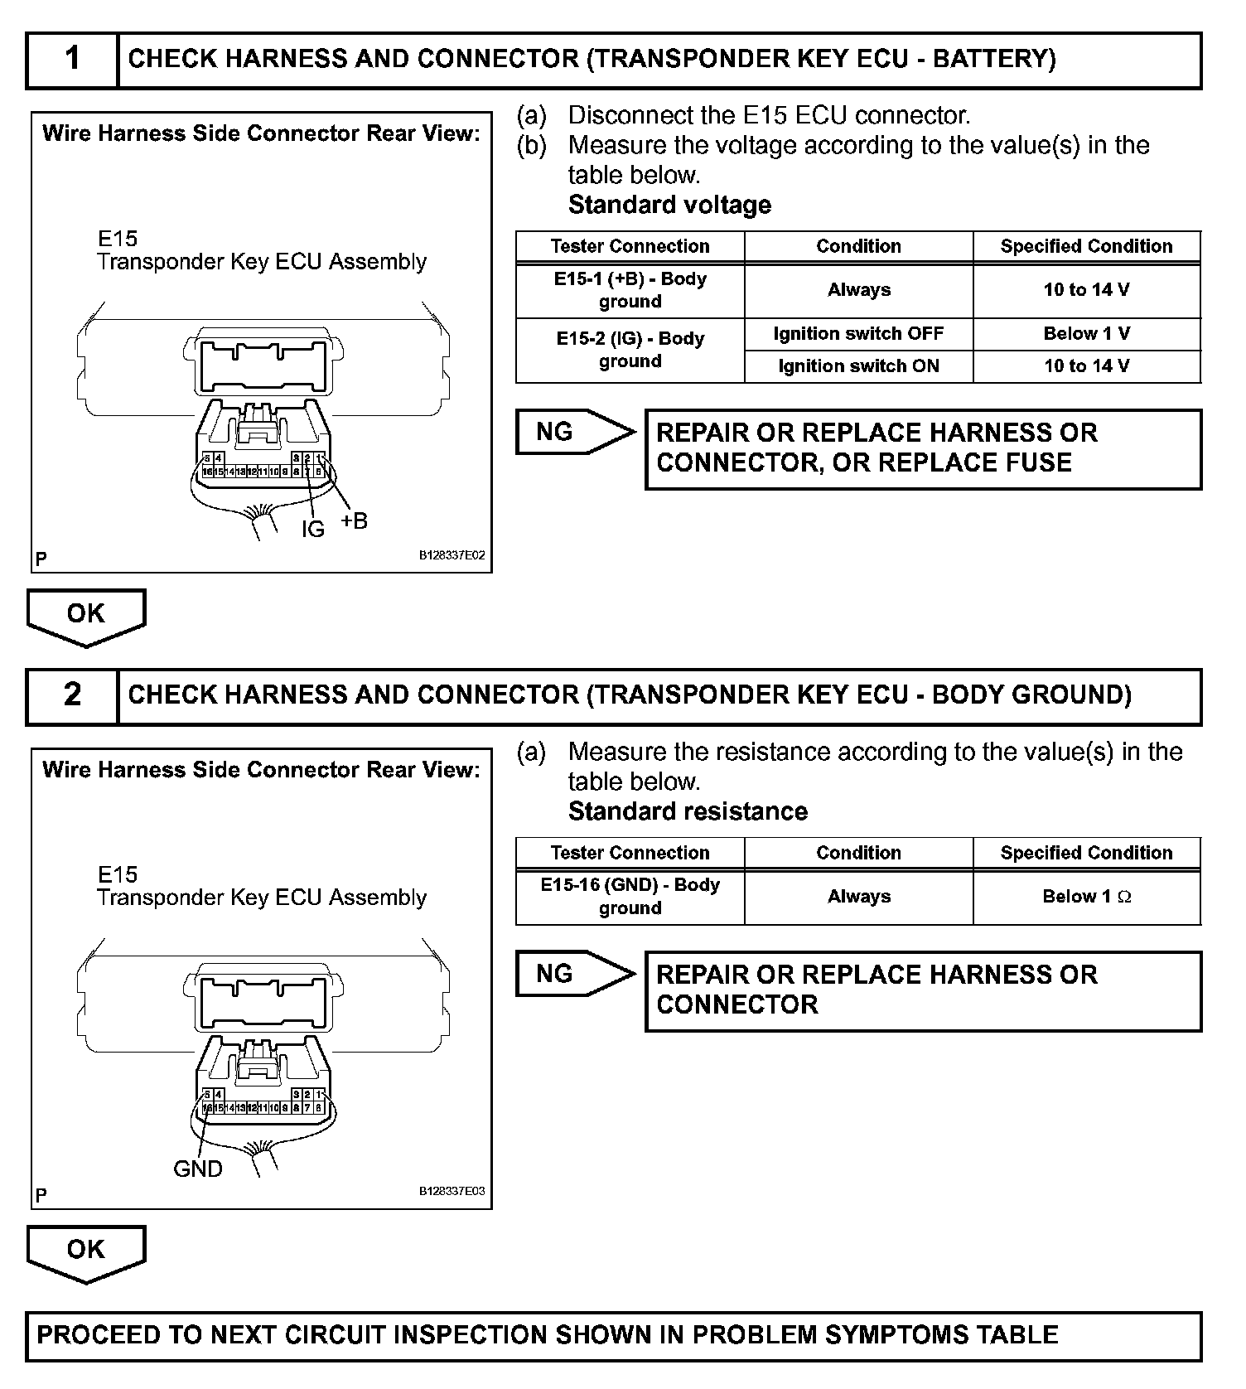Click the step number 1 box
72,60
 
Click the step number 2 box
72,696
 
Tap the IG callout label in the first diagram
312,529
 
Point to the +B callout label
354,521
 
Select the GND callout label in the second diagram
197,1169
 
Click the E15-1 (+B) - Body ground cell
630,290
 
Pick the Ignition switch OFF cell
858,334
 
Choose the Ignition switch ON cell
858,366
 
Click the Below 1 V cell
1086,334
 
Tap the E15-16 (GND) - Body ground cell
630,897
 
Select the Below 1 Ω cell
1086,897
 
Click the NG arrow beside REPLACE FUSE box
574,432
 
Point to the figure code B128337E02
452,556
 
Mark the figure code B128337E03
452,1192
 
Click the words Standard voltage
669,205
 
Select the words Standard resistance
688,811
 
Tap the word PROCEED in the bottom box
99,1335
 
